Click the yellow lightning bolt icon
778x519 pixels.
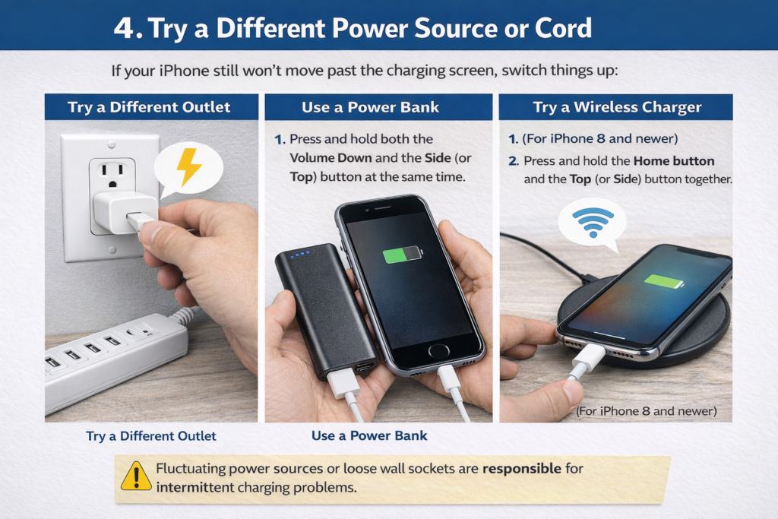point(188,166)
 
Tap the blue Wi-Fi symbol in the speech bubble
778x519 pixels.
point(593,222)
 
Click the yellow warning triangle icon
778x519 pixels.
point(136,476)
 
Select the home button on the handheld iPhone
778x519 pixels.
point(438,350)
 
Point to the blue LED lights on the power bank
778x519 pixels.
point(300,254)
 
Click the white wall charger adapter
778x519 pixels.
point(125,212)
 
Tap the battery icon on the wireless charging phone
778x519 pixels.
point(664,282)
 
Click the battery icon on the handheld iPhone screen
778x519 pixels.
point(403,254)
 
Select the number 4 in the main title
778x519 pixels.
point(124,28)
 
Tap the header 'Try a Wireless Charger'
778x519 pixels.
point(617,107)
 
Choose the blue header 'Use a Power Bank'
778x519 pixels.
point(370,107)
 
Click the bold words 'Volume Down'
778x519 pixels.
point(330,158)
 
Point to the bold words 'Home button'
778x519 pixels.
point(674,161)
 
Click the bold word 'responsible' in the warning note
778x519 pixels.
point(522,468)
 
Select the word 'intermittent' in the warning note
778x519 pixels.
point(195,487)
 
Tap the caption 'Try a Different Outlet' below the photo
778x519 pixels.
point(151,436)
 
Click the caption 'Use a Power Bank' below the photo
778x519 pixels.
point(369,435)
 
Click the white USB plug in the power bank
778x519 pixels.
point(344,382)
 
